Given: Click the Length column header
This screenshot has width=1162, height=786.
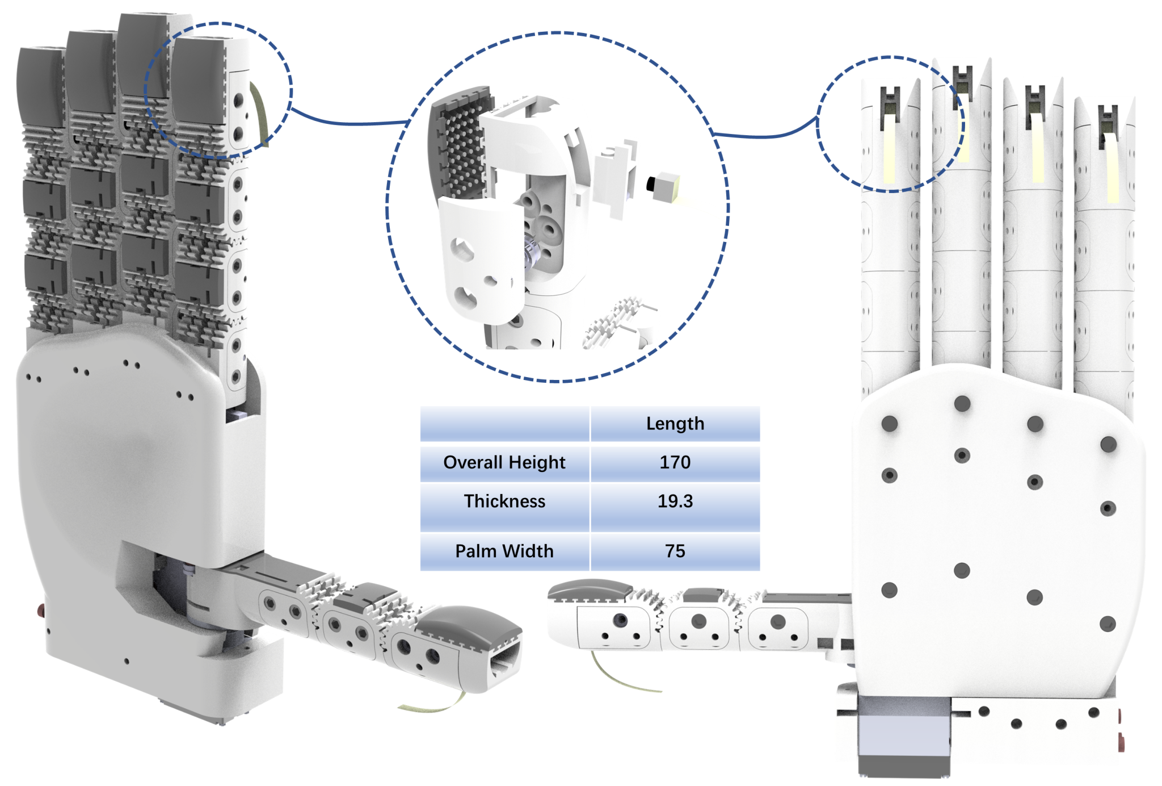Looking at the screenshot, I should point(675,424).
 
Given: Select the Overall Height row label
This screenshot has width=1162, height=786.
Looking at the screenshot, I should point(504,462).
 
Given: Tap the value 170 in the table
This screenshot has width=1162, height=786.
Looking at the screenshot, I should point(675,462).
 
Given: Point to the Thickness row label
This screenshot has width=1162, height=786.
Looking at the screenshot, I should point(504,501).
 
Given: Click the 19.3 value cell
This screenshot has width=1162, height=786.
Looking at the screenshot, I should point(675,501).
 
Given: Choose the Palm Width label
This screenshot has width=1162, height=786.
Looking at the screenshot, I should point(504,551).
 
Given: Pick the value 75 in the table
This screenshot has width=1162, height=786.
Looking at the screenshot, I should point(675,551).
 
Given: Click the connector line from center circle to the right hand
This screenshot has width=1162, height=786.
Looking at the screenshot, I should point(766,135).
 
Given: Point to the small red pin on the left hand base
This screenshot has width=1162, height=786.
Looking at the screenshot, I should point(41,611).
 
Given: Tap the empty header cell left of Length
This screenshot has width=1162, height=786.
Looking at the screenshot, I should point(504,424).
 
